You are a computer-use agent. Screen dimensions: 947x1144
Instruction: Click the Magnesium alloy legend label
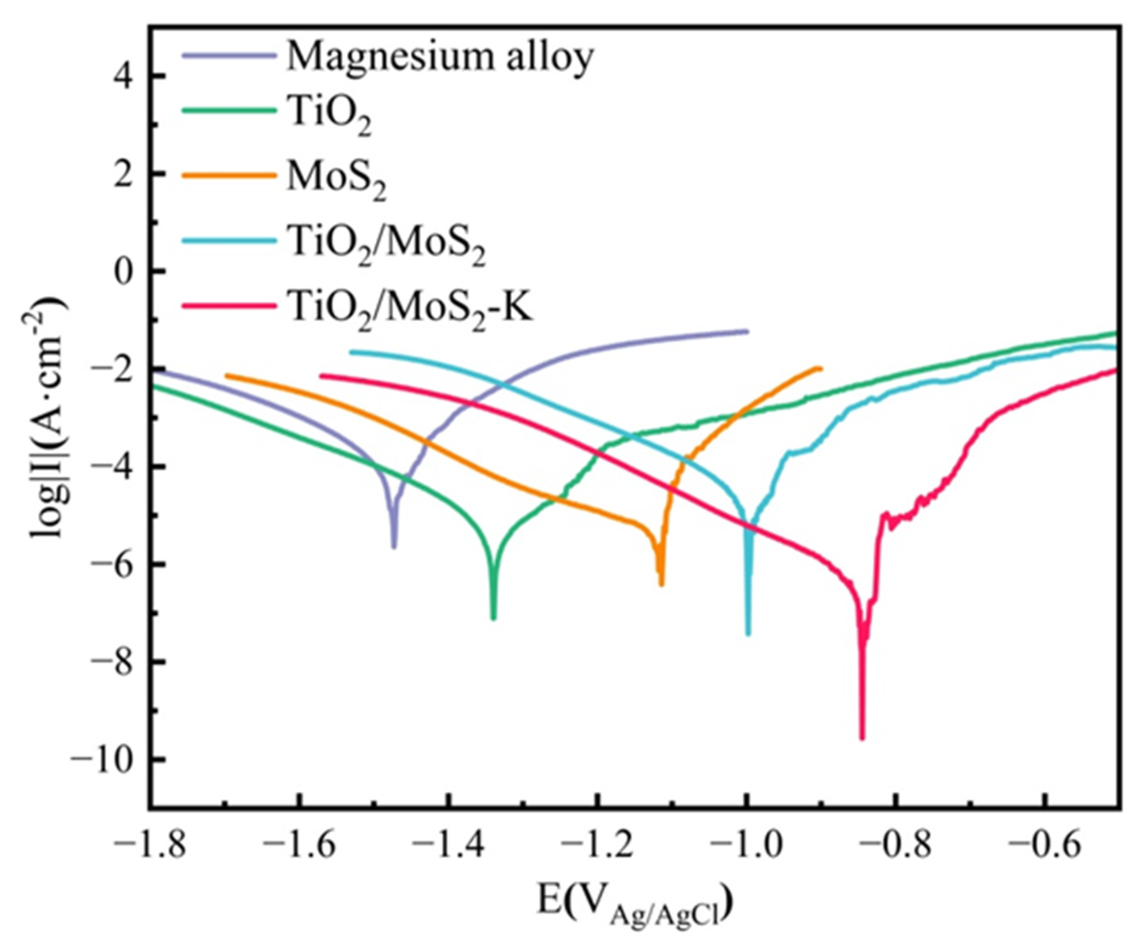[x=439, y=57]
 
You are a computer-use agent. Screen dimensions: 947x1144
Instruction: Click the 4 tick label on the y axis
[x=127, y=76]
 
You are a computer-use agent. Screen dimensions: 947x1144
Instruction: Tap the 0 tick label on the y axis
[x=127, y=271]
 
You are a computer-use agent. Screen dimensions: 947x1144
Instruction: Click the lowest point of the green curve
[x=493, y=619]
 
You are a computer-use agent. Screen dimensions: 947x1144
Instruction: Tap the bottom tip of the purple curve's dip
[x=394, y=547]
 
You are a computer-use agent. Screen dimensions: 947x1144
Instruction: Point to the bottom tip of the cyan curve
[x=748, y=634]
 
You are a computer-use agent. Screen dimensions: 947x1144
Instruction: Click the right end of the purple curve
[x=748, y=331]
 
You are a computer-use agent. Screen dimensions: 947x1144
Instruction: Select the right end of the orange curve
[x=821, y=368]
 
